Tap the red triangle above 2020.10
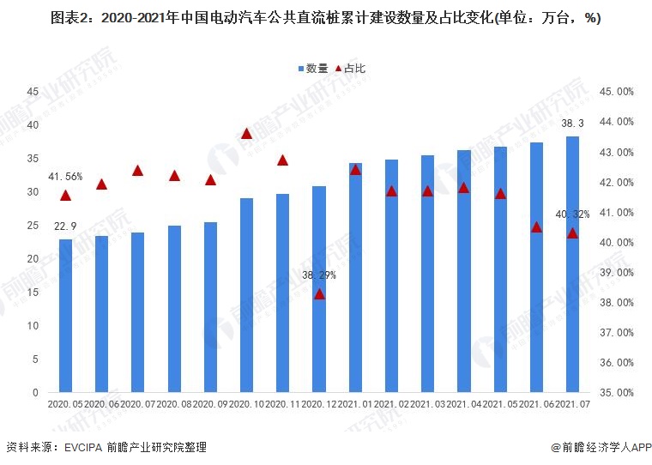246,133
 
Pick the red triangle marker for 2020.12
319,294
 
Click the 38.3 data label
572,124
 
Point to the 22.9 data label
65,226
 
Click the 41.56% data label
65,177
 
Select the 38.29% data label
319,275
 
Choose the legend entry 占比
350,68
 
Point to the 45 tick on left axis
33,92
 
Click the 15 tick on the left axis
33,293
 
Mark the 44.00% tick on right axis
617,122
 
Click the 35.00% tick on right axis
617,393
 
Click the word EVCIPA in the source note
83,448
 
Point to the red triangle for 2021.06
536,227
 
